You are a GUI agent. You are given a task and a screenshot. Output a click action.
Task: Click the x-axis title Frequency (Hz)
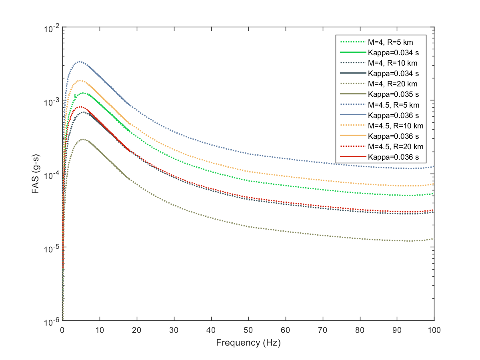(x=248, y=343)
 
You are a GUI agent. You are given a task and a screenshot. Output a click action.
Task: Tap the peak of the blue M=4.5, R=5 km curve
(x=80, y=62)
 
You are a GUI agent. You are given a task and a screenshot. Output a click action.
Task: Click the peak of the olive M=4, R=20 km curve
(x=83, y=139)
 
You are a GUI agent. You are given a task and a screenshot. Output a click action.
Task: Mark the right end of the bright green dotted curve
(x=434, y=194)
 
